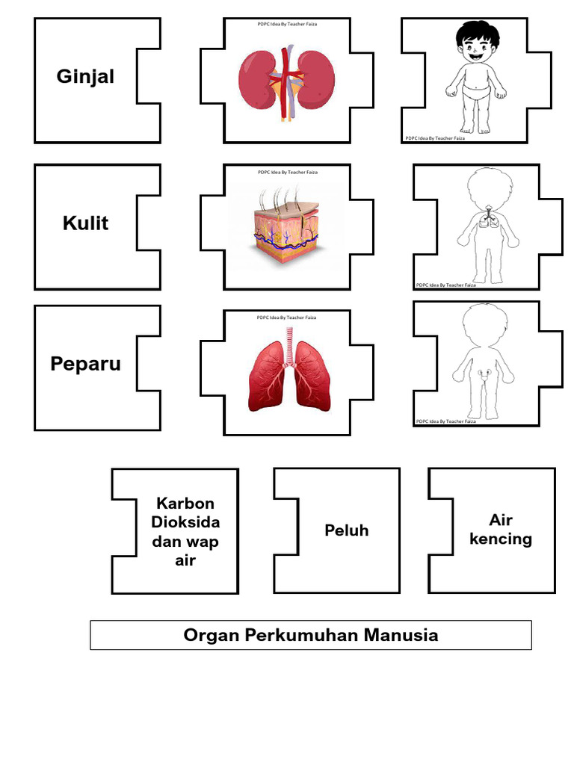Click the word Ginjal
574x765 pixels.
tap(85, 76)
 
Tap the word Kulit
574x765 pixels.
tap(85, 223)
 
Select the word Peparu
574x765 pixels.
tap(85, 364)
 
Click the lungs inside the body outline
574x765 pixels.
tap(487, 217)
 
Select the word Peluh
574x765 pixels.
tap(346, 530)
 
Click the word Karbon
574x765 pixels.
tap(185, 504)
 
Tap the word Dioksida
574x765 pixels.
tap(185, 522)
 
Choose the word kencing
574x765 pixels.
tap(501, 539)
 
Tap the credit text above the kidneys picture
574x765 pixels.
tap(287, 24)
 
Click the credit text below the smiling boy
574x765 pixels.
tap(434, 138)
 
